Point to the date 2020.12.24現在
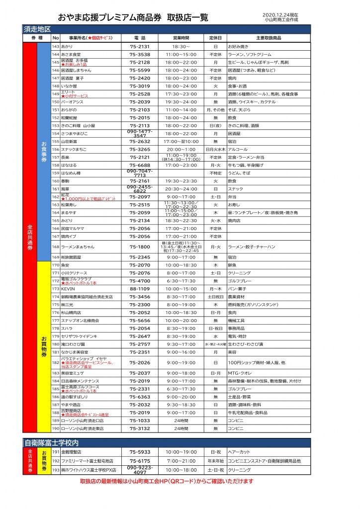click(x=280, y=15)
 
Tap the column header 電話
click(x=140, y=38)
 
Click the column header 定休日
click(x=215, y=38)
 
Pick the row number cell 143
click(x=55, y=46)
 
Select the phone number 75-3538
click(x=140, y=54)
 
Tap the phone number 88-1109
click(x=140, y=288)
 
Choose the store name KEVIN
click(x=68, y=288)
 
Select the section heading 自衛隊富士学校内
click(x=53, y=442)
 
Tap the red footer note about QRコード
click(x=167, y=481)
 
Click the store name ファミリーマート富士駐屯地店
click(x=87, y=461)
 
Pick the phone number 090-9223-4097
click(x=140, y=470)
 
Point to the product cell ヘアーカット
click(x=240, y=452)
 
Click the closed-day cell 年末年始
click(x=215, y=461)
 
